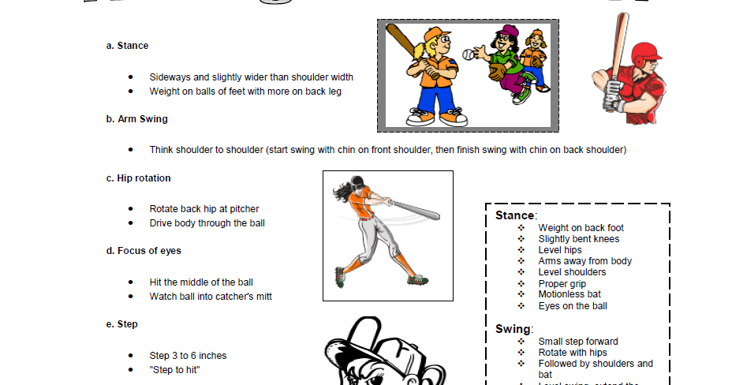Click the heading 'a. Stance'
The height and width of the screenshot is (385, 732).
(x=127, y=46)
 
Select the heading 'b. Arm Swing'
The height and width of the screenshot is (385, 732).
(x=136, y=119)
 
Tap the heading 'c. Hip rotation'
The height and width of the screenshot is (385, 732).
(x=138, y=178)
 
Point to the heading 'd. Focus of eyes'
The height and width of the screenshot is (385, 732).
(x=144, y=251)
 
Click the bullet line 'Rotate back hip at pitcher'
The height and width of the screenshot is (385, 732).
(x=204, y=209)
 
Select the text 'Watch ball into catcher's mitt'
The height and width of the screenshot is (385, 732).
(x=211, y=297)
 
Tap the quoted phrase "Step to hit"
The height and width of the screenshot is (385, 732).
(x=174, y=369)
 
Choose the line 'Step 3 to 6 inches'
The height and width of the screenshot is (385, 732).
(x=188, y=356)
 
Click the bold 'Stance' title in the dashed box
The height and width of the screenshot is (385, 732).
(x=514, y=215)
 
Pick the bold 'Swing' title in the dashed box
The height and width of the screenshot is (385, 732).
(x=513, y=328)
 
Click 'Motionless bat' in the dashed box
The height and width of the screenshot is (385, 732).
(x=570, y=294)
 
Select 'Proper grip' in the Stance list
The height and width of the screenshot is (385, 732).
(x=562, y=283)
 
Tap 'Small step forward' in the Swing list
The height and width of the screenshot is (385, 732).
(x=578, y=342)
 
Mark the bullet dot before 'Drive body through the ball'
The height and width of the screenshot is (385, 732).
(x=131, y=223)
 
